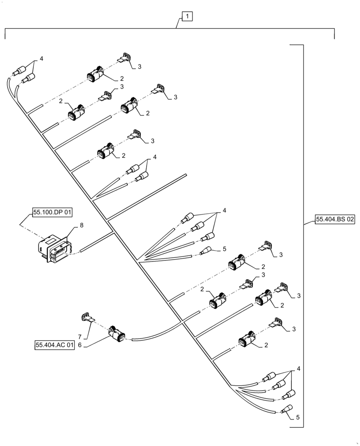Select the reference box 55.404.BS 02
335,219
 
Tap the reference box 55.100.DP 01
52,213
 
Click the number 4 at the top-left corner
41,59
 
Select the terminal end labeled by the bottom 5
287,409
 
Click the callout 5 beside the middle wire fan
225,248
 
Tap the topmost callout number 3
139,66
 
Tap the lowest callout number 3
294,329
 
